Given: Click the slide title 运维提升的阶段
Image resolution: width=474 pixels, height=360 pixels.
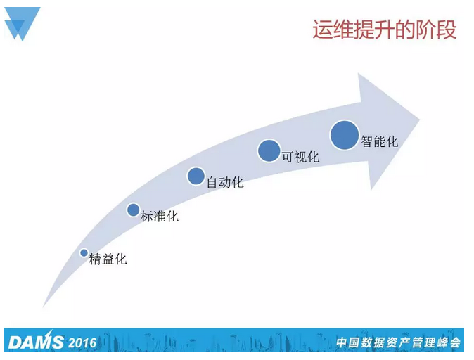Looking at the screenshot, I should [384, 30].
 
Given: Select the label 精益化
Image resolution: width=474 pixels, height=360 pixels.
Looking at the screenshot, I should [108, 259].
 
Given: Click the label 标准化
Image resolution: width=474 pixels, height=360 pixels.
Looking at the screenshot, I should [160, 217].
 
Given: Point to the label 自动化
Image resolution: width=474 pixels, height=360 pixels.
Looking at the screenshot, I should [225, 182].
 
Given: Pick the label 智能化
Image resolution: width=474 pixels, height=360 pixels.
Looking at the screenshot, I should [380, 141].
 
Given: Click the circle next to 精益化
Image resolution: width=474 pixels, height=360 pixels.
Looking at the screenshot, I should [84, 253].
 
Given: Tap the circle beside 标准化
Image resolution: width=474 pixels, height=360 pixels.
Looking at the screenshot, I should [133, 209].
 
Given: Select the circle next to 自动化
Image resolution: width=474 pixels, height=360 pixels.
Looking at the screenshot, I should [196, 176].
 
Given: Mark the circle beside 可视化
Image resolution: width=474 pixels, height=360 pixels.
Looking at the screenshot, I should [269, 150].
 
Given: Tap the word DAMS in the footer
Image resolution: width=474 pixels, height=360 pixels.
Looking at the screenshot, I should [35, 342].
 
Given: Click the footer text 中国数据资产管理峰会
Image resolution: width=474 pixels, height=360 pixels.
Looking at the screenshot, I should [397, 343].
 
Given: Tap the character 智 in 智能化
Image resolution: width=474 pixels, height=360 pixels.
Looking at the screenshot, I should [367, 141].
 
